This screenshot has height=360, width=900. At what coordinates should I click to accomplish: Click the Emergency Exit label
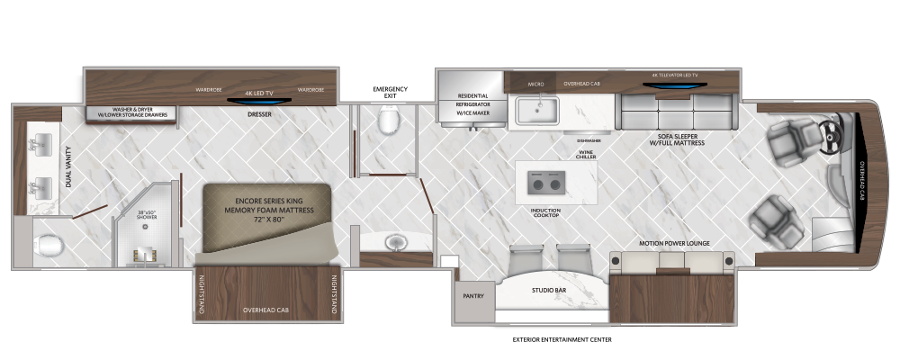pyautogui.click(x=390, y=94)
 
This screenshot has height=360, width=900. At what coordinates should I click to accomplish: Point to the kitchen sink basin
pyautogui.click(x=537, y=111)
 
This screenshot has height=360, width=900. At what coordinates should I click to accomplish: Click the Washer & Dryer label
pyautogui.click(x=133, y=113)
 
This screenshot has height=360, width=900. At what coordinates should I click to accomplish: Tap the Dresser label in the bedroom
pyautogui.click(x=258, y=114)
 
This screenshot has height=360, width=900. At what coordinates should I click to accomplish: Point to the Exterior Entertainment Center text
pyautogui.click(x=562, y=341)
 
